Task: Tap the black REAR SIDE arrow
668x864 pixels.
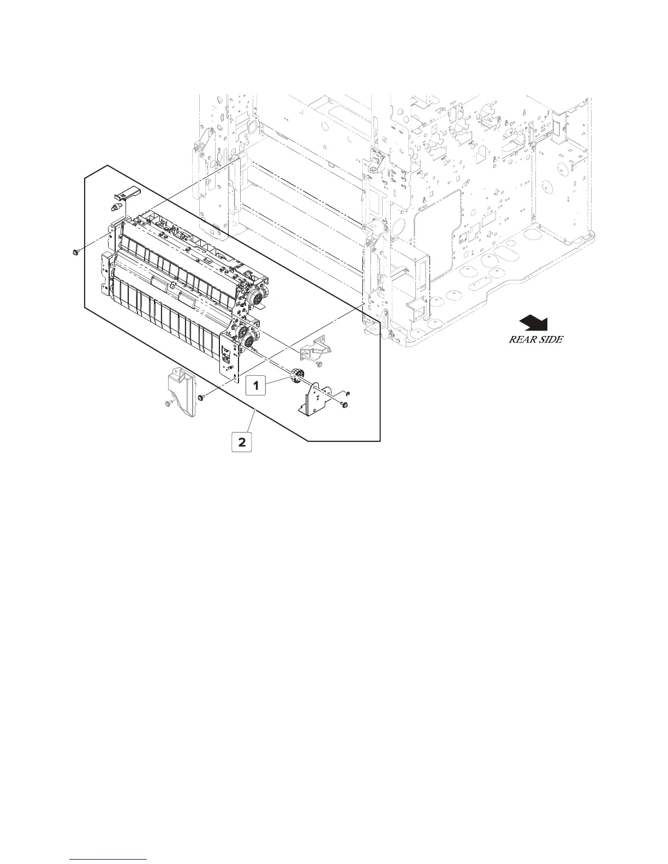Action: point(534,323)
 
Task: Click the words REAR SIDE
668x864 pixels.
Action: point(535,339)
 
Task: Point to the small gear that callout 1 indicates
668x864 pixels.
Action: point(297,375)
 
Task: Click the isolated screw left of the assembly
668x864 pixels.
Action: point(75,251)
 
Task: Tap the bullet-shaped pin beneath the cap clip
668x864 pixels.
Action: point(115,208)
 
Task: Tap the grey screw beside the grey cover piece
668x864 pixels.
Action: point(168,404)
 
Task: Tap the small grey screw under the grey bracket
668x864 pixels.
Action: point(320,364)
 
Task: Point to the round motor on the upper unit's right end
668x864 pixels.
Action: point(255,298)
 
